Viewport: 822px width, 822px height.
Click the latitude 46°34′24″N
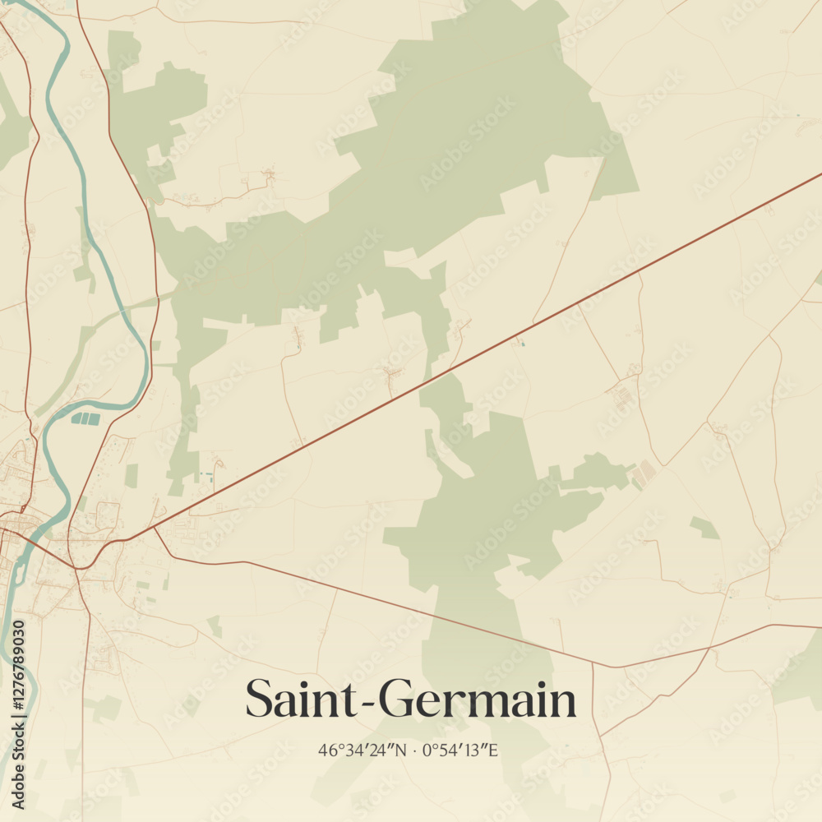[363, 750]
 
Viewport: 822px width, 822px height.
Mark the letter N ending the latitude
[401, 750]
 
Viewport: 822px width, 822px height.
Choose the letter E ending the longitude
[495, 750]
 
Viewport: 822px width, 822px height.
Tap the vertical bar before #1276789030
[18, 716]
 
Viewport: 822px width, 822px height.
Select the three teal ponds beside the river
[85, 418]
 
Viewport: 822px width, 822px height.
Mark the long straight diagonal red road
[493, 345]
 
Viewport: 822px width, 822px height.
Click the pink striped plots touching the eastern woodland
[644, 473]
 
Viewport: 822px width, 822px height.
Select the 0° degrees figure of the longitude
[432, 750]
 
